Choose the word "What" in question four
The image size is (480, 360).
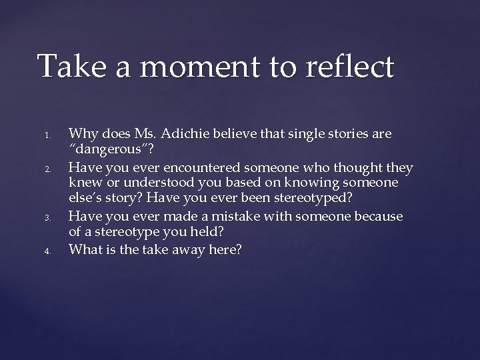[85, 250]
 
